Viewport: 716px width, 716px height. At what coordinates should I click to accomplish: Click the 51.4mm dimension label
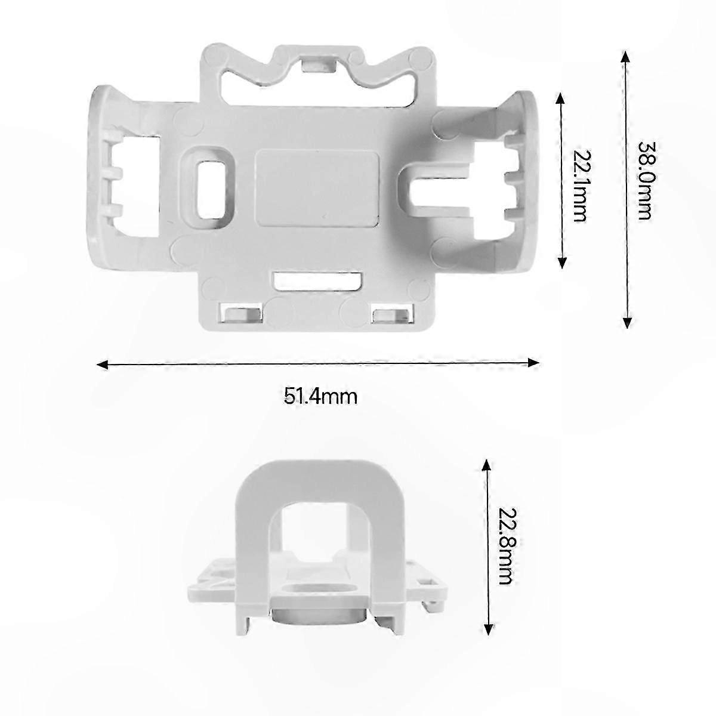coord(320,396)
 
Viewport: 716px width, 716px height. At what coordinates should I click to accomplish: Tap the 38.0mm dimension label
coord(645,181)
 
